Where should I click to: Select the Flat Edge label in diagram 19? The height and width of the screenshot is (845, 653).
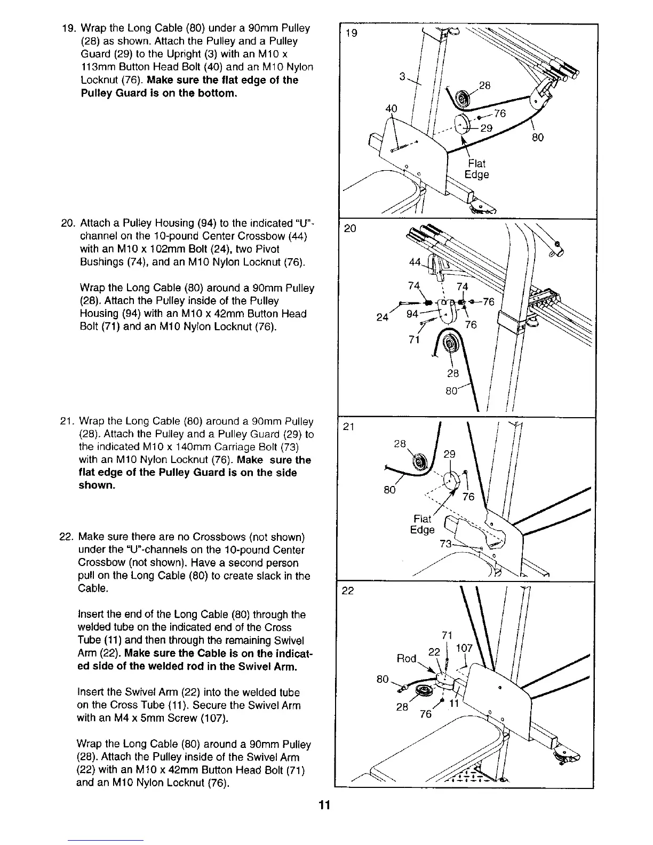[x=476, y=169]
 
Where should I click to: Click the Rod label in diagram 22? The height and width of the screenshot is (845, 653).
[x=407, y=658]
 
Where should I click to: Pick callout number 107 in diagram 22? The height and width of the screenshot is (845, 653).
[x=465, y=648]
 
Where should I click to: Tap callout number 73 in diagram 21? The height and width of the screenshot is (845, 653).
[x=445, y=544]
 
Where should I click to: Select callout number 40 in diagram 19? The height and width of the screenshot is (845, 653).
[x=392, y=108]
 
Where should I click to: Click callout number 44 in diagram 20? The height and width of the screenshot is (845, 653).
[x=414, y=262]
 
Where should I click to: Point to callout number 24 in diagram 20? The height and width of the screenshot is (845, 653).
[x=381, y=318]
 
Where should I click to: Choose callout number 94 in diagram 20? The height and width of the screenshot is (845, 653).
[x=412, y=314]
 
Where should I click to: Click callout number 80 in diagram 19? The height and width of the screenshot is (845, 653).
[x=537, y=138]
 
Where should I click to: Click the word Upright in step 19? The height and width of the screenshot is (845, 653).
[x=235, y=54]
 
